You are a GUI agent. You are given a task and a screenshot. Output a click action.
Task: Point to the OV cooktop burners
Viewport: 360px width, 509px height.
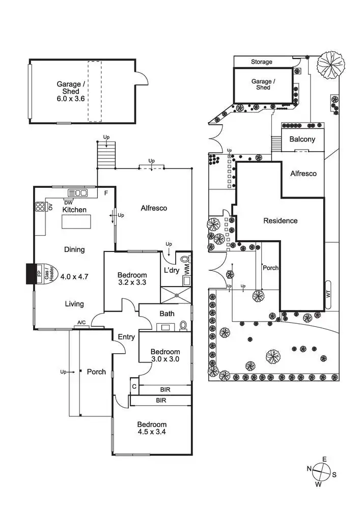point(40,206)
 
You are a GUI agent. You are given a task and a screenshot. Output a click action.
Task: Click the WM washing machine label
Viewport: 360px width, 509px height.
point(186,269)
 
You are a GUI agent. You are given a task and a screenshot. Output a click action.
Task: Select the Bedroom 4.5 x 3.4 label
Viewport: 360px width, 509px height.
point(151,428)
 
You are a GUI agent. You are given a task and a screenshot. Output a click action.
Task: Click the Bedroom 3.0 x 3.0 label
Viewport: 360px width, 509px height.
point(165,355)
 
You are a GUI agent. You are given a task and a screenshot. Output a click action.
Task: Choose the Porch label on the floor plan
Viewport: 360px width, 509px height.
point(96,372)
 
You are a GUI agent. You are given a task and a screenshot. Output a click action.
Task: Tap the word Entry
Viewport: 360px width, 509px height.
point(126,337)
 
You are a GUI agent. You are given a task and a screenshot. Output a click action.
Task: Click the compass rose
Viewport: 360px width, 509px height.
point(321,470)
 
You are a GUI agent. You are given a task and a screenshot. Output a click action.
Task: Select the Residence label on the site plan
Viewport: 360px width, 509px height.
point(280,221)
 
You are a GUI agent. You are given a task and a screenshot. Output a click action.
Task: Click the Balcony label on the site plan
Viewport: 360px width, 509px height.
point(302,139)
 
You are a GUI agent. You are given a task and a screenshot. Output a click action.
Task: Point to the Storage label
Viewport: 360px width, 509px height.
point(262,62)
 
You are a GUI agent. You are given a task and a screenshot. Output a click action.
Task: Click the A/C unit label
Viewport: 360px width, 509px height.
point(81,323)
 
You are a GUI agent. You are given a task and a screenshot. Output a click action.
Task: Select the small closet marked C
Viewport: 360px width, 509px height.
point(134,386)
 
